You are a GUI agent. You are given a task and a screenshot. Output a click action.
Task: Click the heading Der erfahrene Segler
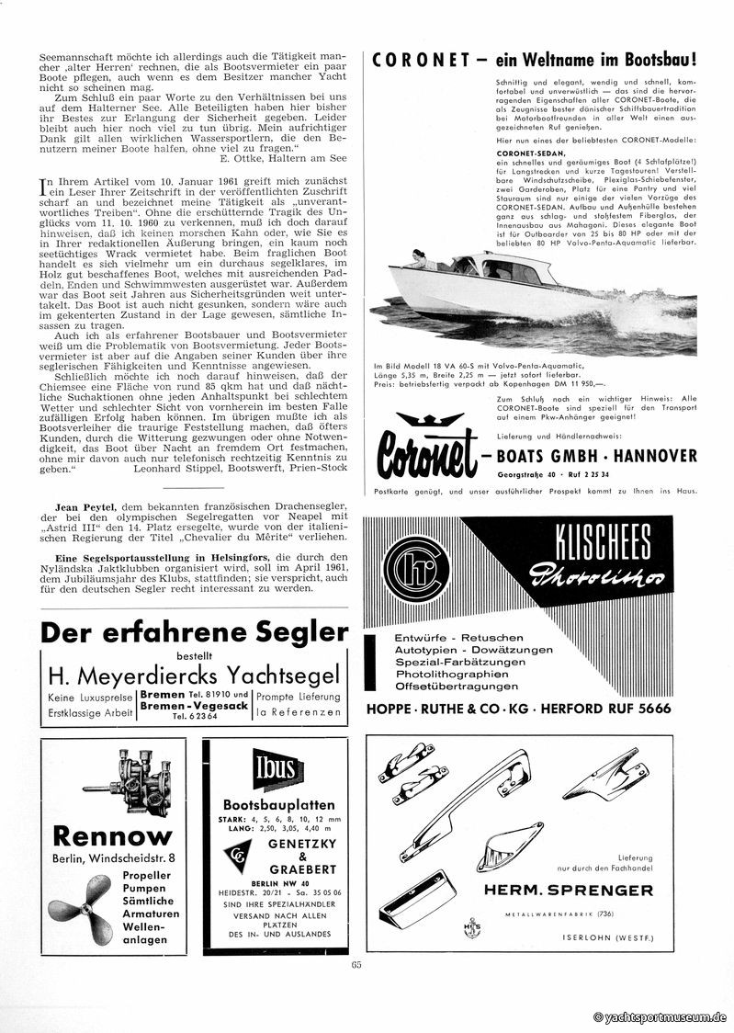coord(196,632)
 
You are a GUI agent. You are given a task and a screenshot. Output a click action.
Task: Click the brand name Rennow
coord(112,835)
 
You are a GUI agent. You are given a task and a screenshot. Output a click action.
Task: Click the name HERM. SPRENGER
coord(570,890)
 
